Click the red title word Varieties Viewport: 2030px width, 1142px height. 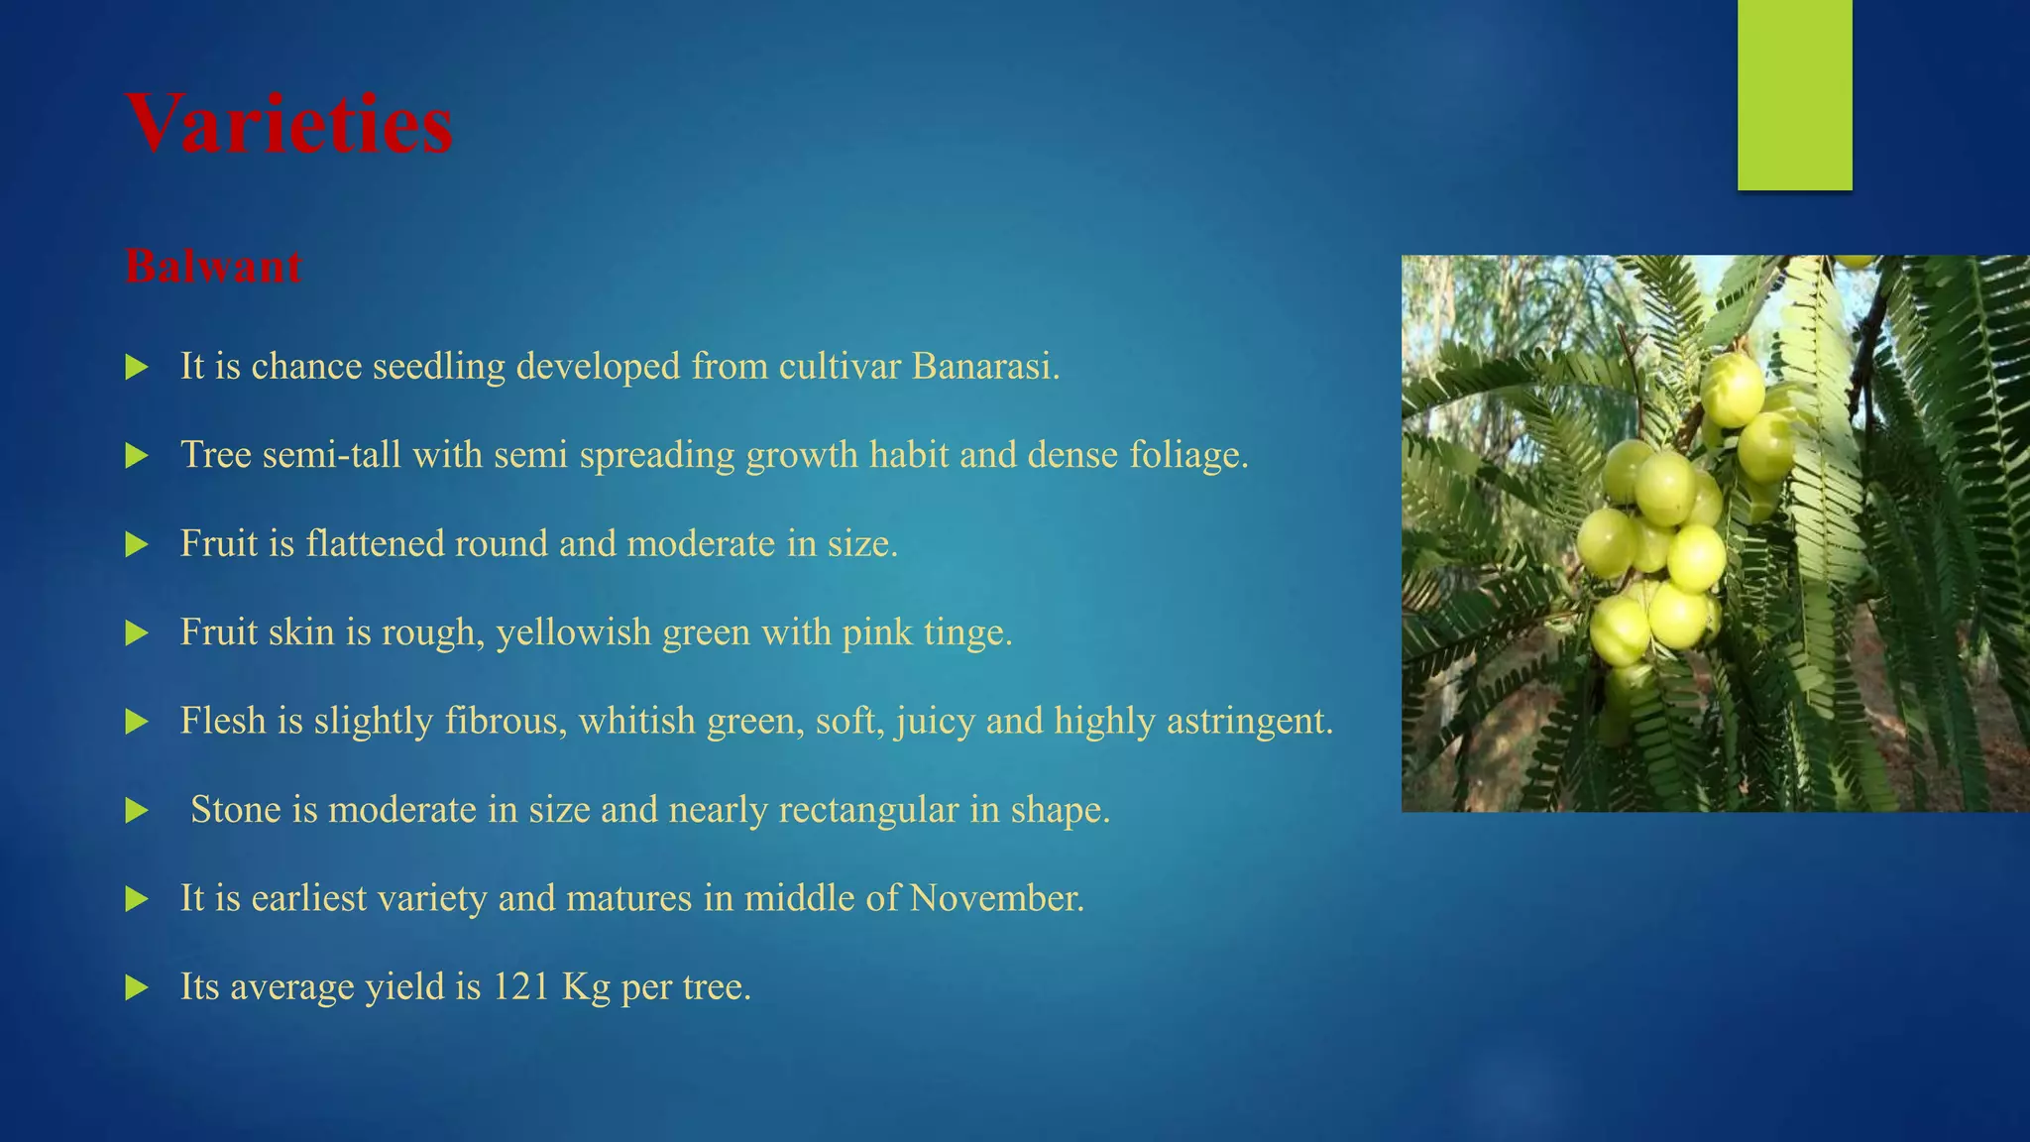coord(289,125)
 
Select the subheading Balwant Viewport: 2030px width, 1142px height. coord(213,267)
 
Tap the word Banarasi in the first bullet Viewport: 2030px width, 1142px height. coord(984,367)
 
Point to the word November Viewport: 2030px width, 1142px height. coord(996,898)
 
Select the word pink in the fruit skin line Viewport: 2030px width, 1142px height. coord(876,632)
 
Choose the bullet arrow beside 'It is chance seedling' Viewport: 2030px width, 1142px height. coord(137,368)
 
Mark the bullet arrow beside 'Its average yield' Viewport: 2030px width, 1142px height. coord(137,987)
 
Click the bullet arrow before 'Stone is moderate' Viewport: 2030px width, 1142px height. coord(137,811)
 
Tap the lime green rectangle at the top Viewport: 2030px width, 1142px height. coord(1794,94)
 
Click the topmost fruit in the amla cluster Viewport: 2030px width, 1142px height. coord(1733,390)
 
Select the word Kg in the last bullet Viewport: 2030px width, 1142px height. coord(586,987)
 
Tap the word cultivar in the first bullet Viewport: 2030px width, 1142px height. coord(840,367)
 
